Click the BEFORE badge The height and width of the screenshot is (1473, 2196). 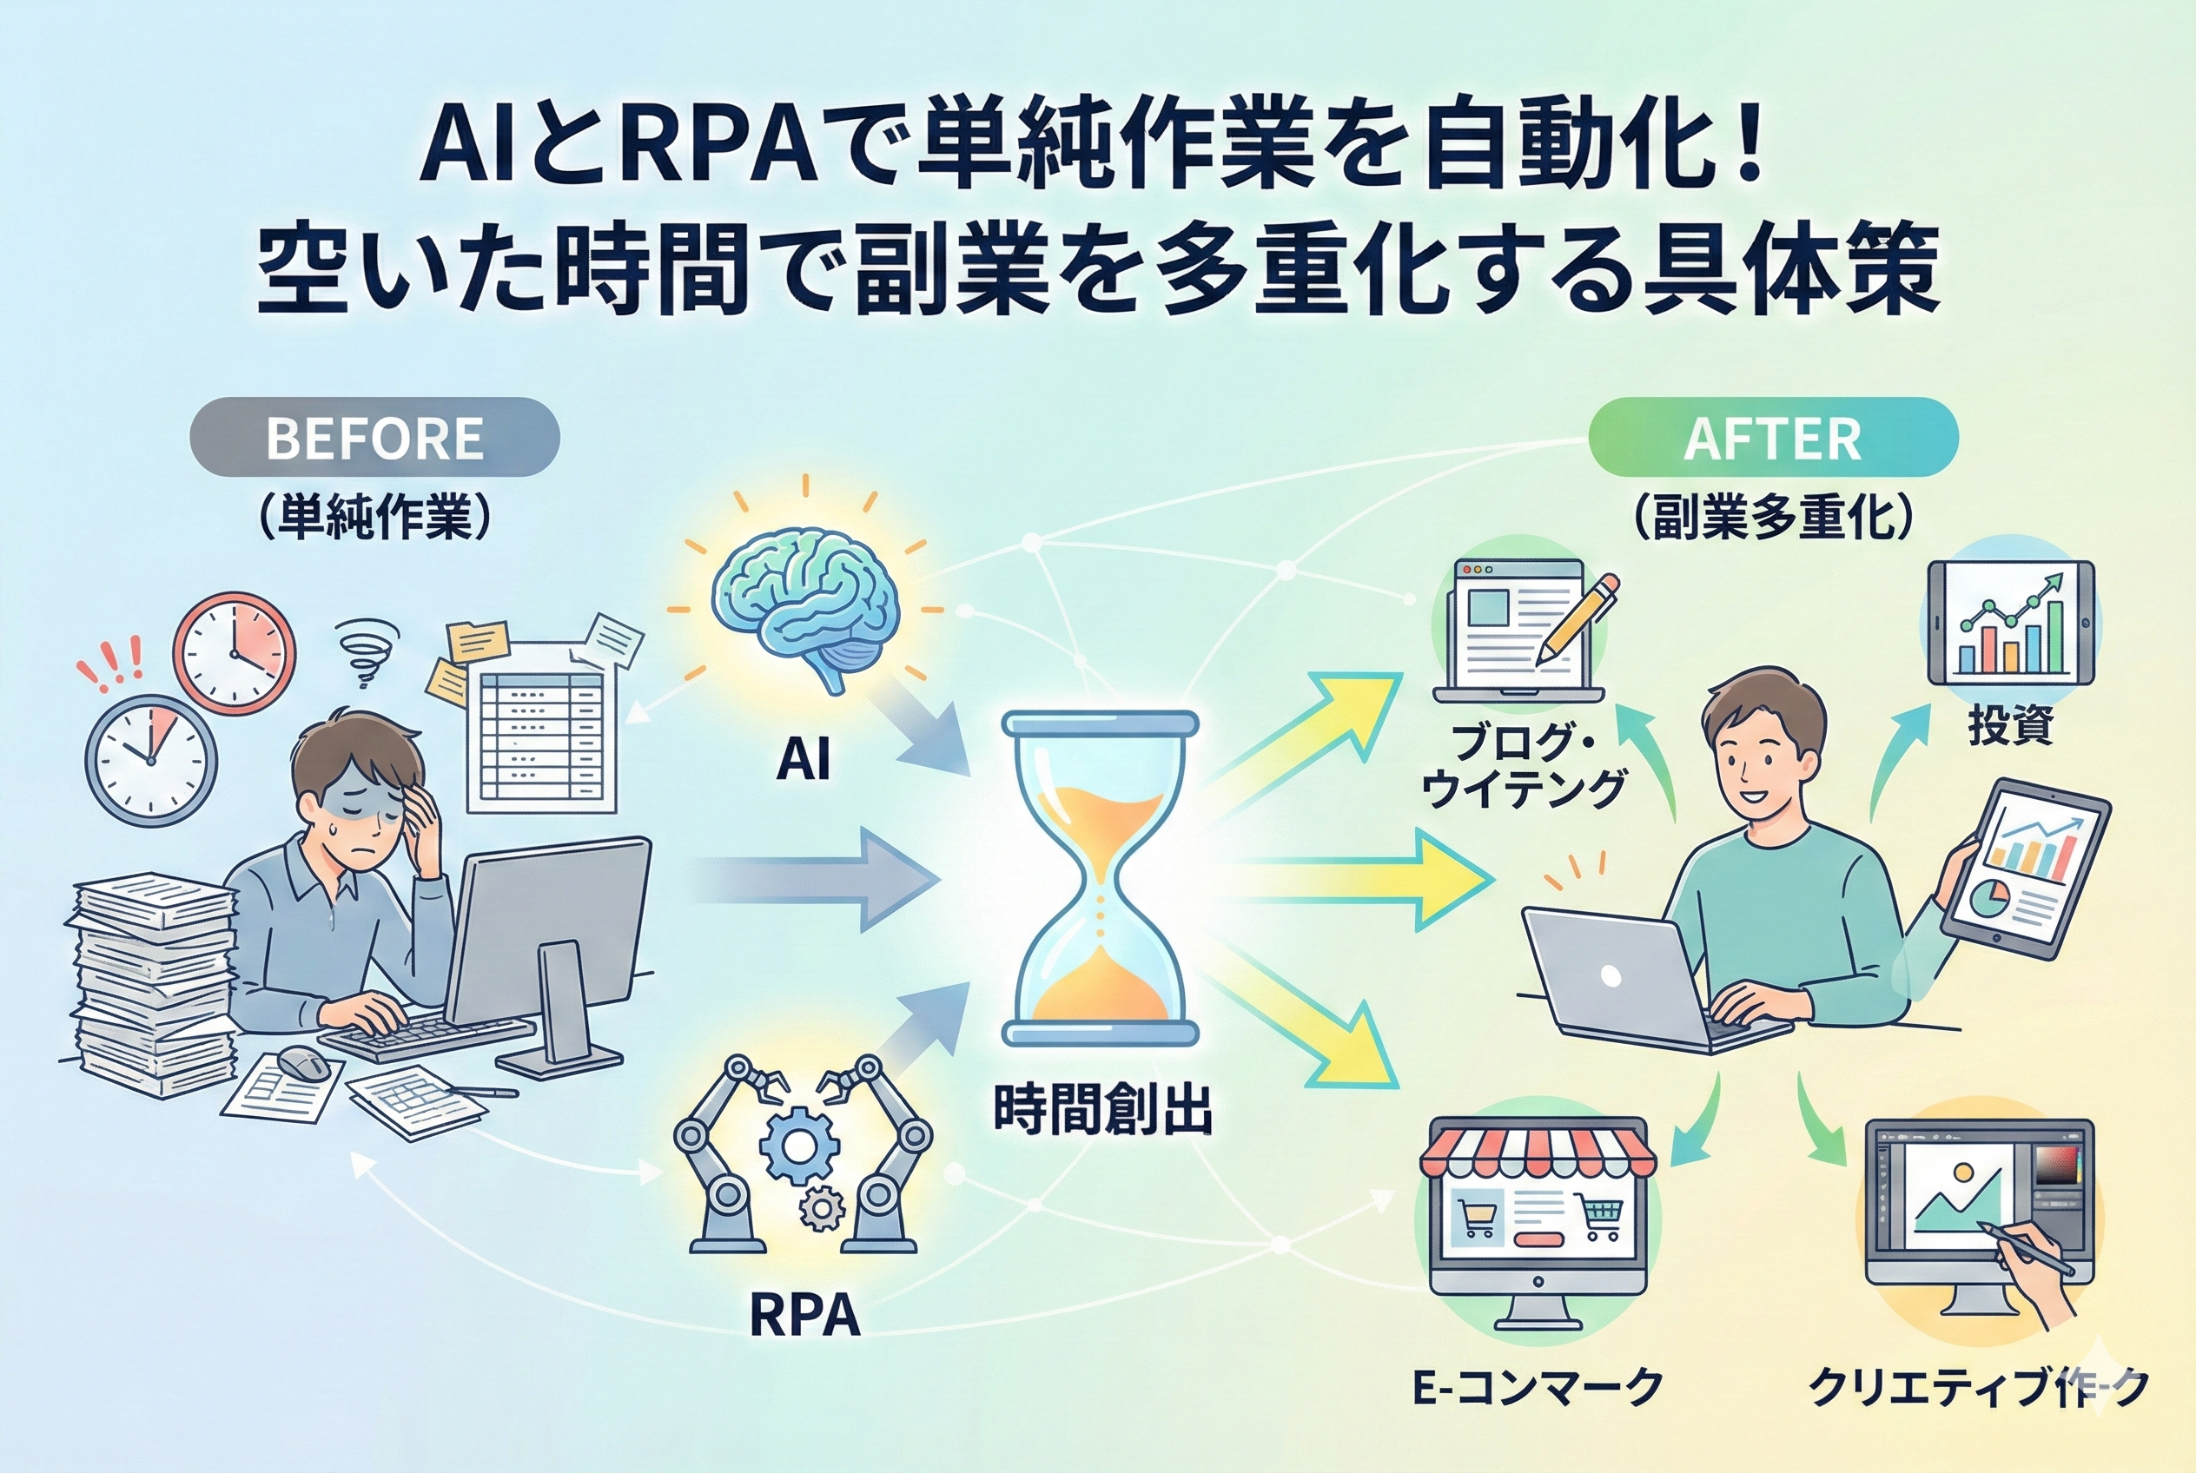tap(374, 438)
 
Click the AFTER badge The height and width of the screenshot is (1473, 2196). tap(1772, 439)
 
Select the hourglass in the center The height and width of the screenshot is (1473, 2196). tap(1100, 878)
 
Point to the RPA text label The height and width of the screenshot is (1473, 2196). tap(804, 1315)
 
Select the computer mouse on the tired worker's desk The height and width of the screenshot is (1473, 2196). tap(303, 1062)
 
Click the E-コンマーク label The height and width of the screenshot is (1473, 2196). tap(1538, 1388)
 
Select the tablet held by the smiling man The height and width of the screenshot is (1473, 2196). tap(2025, 869)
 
